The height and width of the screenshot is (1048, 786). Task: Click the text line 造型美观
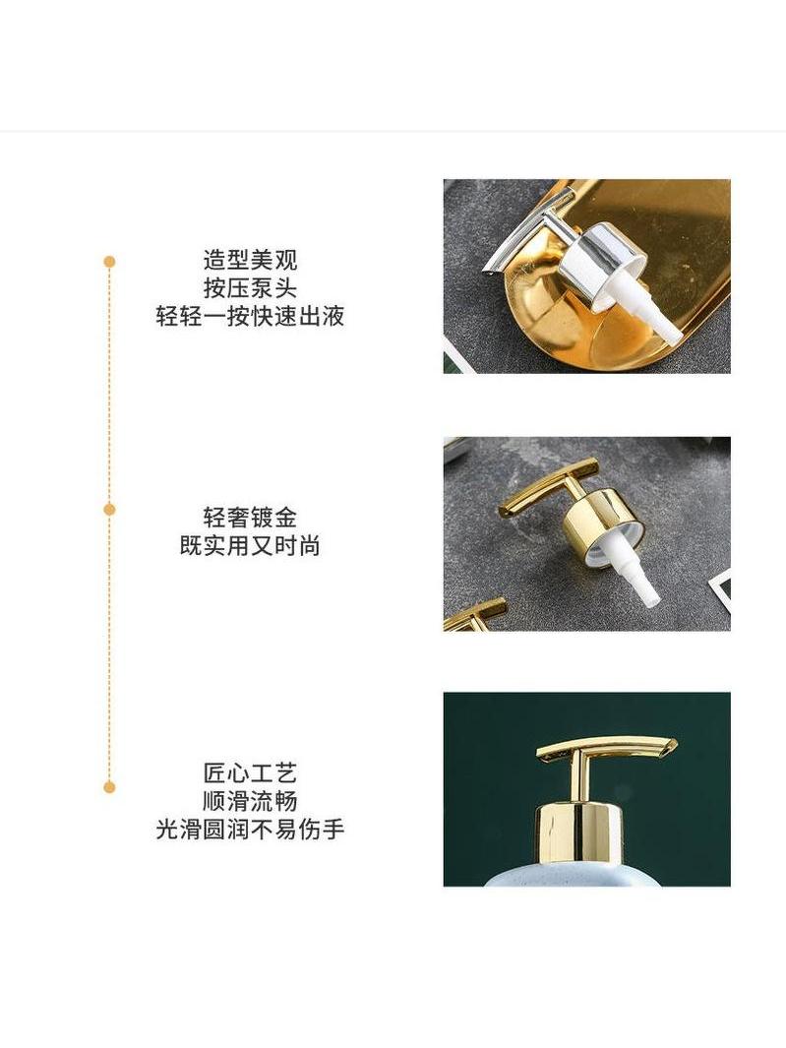coord(250,260)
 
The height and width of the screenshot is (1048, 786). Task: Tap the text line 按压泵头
coord(250,288)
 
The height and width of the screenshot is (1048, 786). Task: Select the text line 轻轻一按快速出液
coord(250,316)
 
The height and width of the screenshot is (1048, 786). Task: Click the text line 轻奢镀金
coord(250,518)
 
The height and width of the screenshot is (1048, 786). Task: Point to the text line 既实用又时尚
coord(250,546)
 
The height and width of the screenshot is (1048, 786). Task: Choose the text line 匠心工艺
coord(250,773)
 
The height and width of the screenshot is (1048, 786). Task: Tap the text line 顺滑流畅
coord(250,801)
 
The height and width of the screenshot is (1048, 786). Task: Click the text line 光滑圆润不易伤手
coord(250,830)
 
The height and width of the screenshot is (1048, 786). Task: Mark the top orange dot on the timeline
coord(109,262)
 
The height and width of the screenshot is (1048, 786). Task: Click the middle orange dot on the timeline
coord(109,510)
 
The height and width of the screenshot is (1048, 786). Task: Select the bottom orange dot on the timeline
coord(109,787)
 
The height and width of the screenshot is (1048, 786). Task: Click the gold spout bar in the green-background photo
coord(606,751)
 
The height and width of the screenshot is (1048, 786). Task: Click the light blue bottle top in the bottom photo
coord(574,877)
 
